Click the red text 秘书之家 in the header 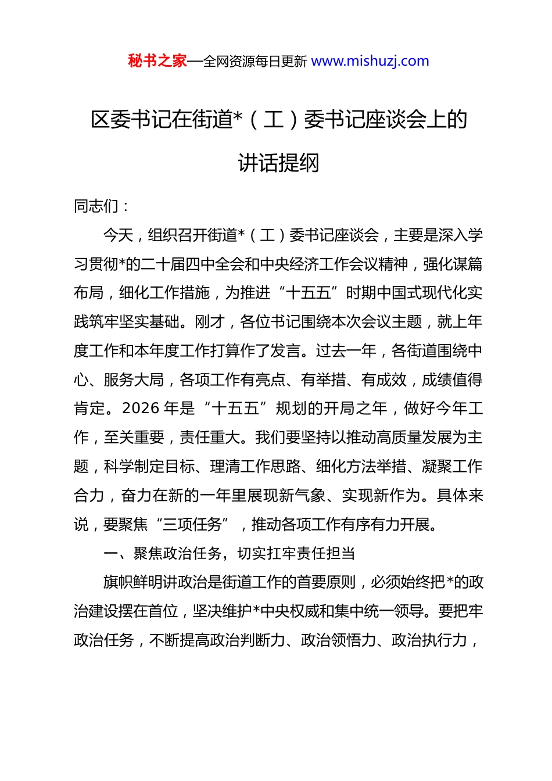click(x=157, y=61)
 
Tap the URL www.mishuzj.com click(x=370, y=61)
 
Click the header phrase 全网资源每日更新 click(x=255, y=62)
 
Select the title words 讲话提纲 click(x=279, y=163)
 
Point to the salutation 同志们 click(x=96, y=206)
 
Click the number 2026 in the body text click(x=141, y=409)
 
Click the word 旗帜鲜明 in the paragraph click(x=133, y=582)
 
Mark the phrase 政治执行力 click(x=429, y=640)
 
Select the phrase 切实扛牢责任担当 click(x=296, y=554)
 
